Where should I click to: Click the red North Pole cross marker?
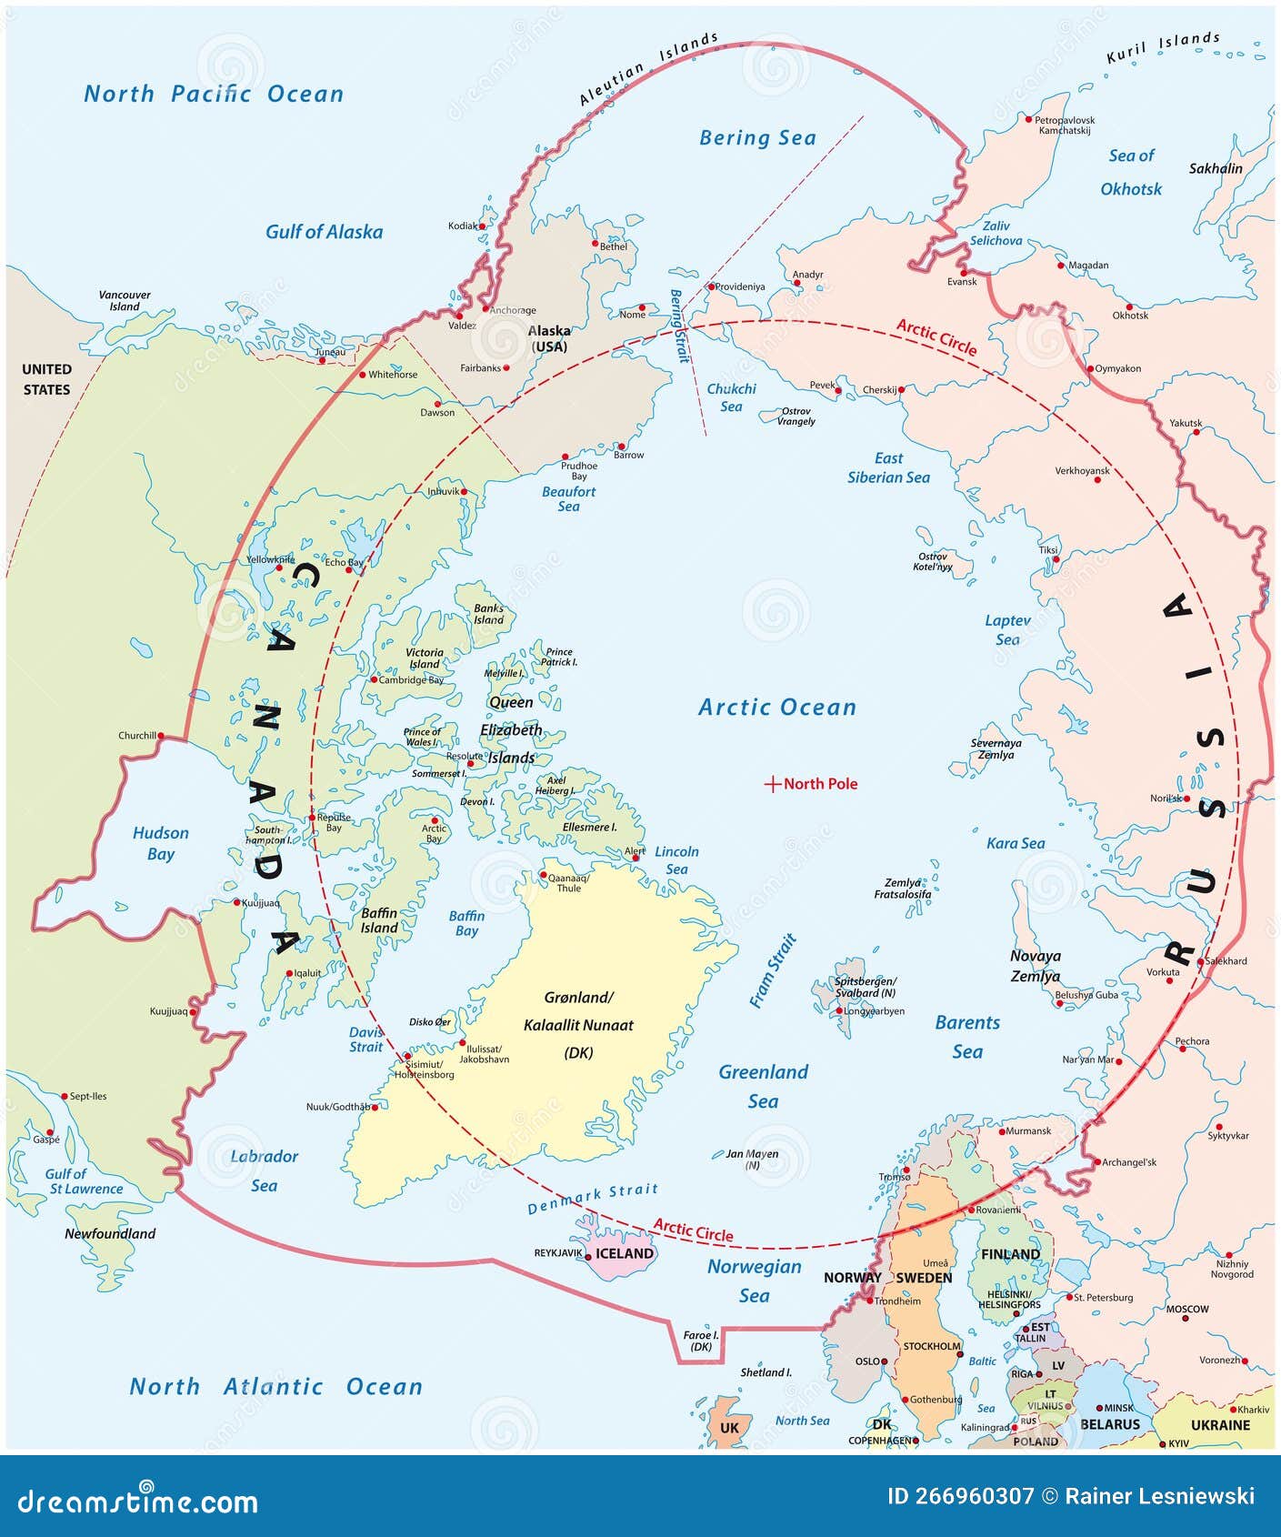pos(772,784)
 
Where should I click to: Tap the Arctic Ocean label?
pos(777,708)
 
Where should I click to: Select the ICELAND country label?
pos(624,1253)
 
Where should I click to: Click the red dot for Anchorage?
pos(485,308)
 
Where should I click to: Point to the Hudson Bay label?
pos(161,843)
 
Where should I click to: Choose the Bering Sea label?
pos(757,138)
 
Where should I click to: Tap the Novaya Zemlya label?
pos(1036,966)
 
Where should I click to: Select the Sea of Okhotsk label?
pos(1131,172)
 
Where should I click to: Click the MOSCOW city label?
pos(1187,1309)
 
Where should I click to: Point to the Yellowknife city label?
pos(270,559)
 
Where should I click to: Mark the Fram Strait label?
pos(773,970)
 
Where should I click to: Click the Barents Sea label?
pos(967,1037)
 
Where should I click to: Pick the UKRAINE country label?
pos(1220,1425)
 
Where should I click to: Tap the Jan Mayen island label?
pos(752,1159)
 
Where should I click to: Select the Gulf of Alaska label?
pos(324,232)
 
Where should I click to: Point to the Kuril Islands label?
pos(1163,47)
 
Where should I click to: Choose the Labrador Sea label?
pos(264,1170)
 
